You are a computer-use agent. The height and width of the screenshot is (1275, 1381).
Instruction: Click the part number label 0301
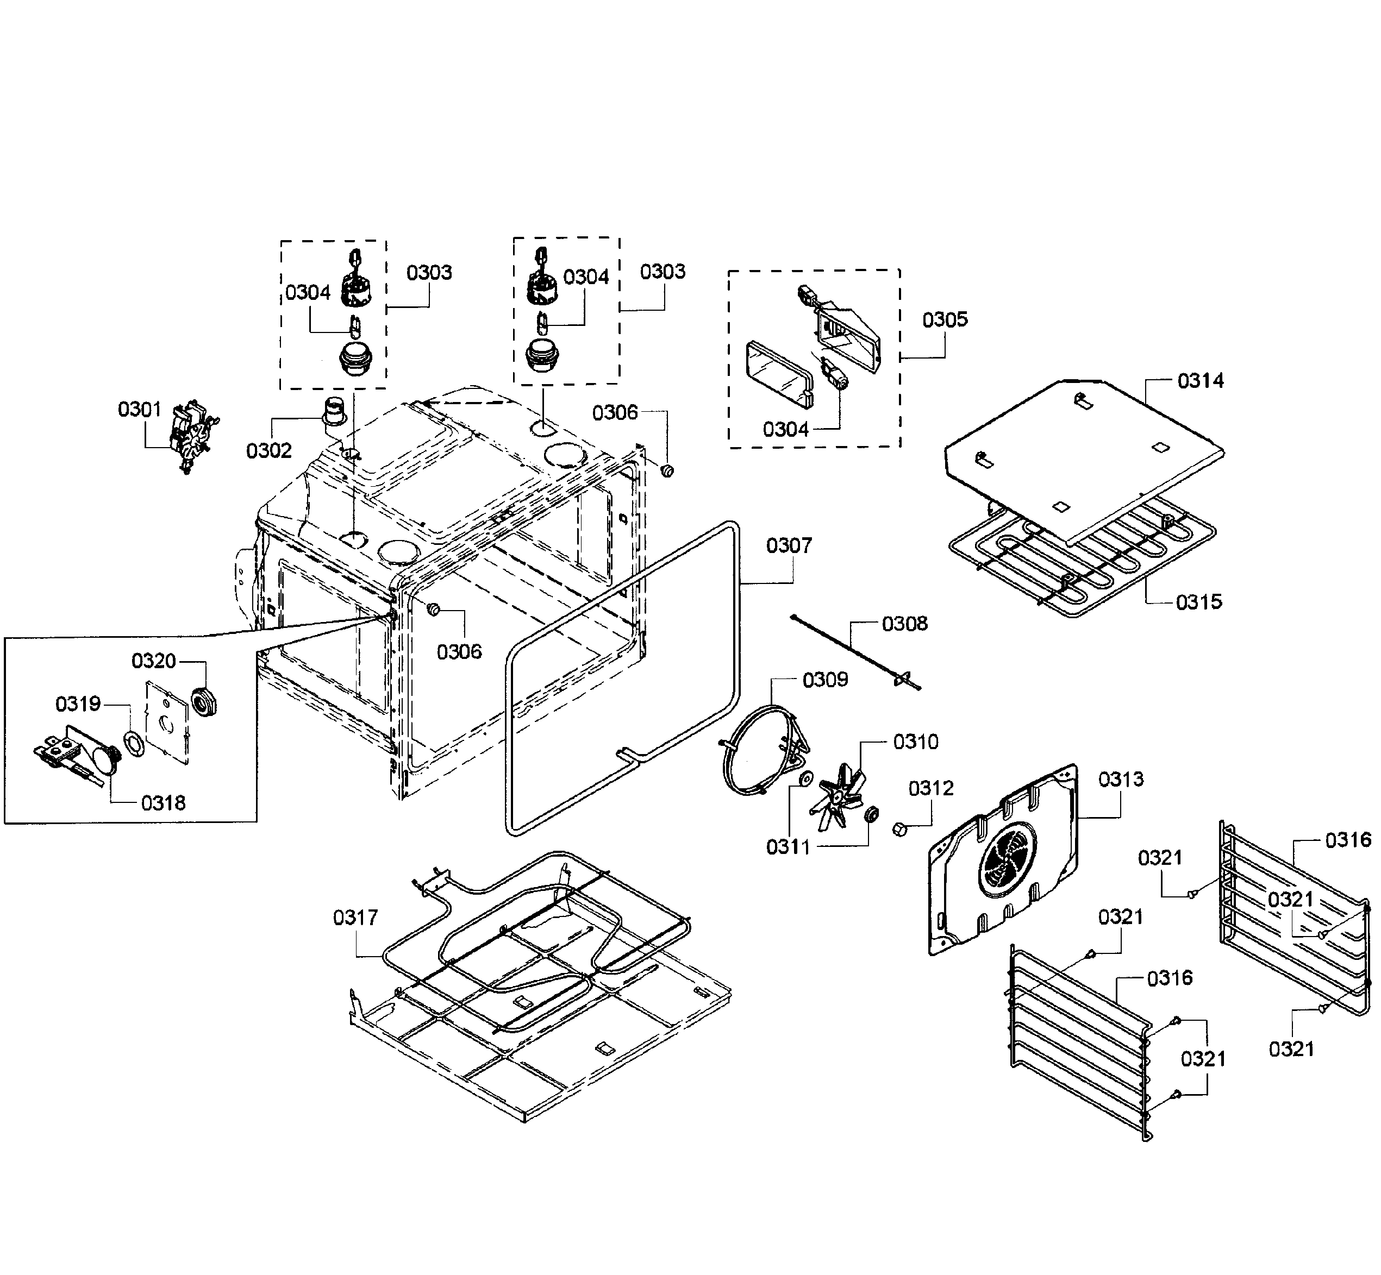[x=140, y=409]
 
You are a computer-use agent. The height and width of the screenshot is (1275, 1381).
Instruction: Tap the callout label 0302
[x=268, y=450]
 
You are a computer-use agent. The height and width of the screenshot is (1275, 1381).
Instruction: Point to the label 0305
[x=945, y=319]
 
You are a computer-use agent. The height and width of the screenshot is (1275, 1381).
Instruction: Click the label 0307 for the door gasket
[x=789, y=546]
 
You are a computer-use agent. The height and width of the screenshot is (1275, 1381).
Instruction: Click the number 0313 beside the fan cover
[x=1121, y=780]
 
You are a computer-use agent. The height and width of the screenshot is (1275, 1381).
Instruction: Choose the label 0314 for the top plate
[x=1200, y=380]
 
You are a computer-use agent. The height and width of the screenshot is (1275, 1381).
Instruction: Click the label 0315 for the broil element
[x=1199, y=601]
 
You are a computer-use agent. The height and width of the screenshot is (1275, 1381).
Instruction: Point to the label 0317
[x=355, y=918]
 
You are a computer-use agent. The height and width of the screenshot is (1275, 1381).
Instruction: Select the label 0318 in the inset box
[x=164, y=803]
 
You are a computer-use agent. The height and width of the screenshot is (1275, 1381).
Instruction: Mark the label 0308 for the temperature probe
[x=905, y=624]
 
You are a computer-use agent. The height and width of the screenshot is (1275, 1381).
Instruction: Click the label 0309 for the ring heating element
[x=824, y=680]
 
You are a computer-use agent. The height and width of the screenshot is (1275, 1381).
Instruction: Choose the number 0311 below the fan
[x=788, y=847]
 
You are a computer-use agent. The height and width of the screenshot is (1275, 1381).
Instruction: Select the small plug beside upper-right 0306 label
[x=667, y=470]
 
